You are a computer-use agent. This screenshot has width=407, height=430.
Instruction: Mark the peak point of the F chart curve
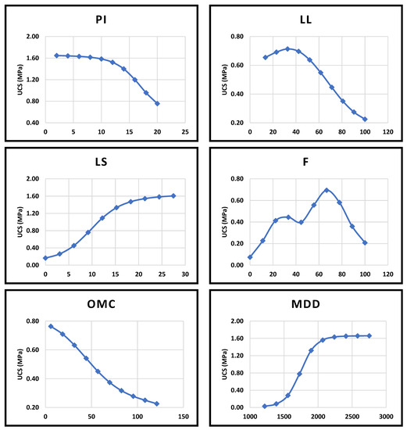point(327,190)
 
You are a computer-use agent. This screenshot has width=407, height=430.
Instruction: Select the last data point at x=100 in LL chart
point(365,120)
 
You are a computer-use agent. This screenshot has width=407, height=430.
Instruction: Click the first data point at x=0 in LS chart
point(45,258)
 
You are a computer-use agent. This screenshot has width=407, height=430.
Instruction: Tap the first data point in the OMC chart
point(51,326)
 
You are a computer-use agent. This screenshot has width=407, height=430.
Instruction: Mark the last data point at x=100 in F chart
point(365,242)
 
